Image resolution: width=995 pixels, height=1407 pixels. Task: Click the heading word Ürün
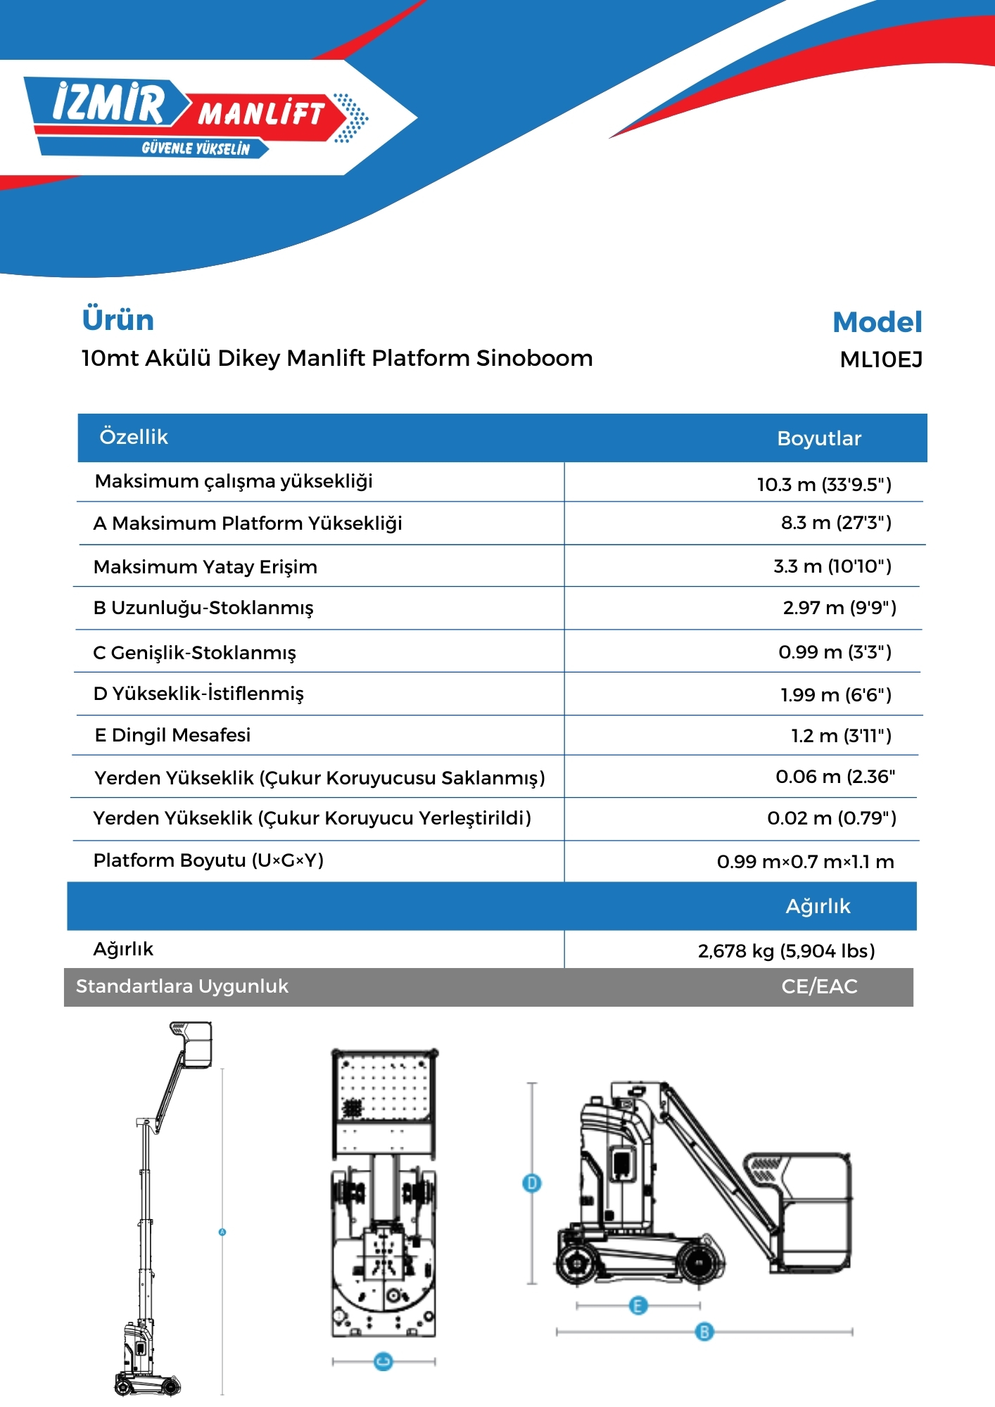[x=118, y=320]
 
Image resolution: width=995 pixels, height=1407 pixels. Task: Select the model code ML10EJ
[x=881, y=360]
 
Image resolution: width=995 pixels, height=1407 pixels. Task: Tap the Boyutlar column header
[x=819, y=439]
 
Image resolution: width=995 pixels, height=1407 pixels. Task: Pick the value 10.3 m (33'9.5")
[x=824, y=485]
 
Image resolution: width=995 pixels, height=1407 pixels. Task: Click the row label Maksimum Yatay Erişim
[x=205, y=567]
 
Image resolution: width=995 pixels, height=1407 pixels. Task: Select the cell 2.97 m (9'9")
[x=839, y=608]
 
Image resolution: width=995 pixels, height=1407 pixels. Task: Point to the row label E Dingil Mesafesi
[x=172, y=735]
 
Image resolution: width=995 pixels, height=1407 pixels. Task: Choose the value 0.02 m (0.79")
[x=832, y=818]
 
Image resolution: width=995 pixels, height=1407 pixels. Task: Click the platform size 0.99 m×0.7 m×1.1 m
[x=806, y=862]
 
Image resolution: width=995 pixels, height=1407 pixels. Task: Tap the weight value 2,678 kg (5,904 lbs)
[x=786, y=951]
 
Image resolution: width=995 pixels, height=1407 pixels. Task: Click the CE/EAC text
[x=819, y=986]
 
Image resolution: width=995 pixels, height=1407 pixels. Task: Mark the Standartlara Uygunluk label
[x=182, y=986]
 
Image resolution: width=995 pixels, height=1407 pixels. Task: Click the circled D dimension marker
[x=532, y=1183]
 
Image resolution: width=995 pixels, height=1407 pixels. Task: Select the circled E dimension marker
[x=638, y=1306]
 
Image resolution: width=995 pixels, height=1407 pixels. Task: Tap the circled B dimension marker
[x=704, y=1332]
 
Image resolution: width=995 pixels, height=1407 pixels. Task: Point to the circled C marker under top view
[x=384, y=1362]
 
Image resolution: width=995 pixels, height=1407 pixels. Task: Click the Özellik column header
[x=134, y=438]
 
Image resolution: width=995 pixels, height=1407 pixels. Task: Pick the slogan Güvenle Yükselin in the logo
[x=196, y=148]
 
